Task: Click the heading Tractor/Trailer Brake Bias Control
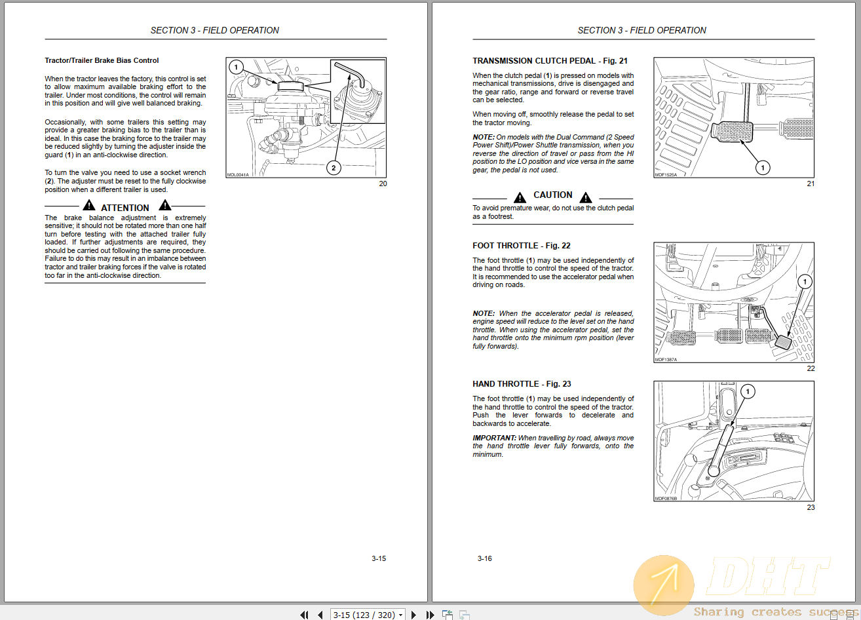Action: (x=102, y=61)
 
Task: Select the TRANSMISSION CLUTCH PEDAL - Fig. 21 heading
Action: (x=550, y=61)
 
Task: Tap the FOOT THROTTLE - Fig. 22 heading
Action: (x=522, y=246)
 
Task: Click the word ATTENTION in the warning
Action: (x=125, y=208)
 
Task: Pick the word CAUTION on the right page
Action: (x=553, y=195)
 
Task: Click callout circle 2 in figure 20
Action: (x=333, y=168)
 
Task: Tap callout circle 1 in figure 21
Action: (x=762, y=168)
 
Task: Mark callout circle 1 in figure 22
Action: (x=805, y=282)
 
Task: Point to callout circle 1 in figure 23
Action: (x=748, y=392)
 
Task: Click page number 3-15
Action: (x=379, y=559)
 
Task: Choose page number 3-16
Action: (x=485, y=559)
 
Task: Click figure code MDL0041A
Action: (x=238, y=175)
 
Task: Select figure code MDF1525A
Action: (x=666, y=175)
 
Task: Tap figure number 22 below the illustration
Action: (x=811, y=368)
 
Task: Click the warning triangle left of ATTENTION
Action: (x=89, y=206)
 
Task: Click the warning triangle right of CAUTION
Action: (x=586, y=197)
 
